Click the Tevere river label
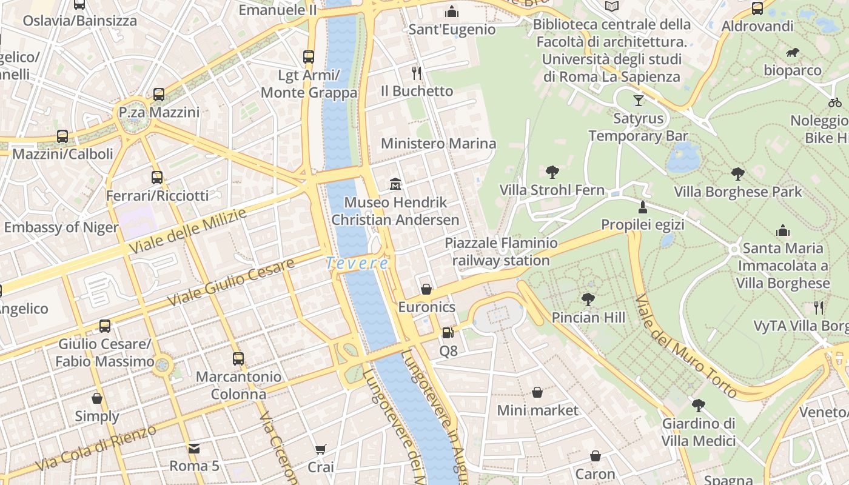357,263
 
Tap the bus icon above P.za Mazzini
158,95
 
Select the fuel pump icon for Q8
448,332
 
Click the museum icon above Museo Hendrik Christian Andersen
395,183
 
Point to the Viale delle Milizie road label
188,232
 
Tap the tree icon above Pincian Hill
588,299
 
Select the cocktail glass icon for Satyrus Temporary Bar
638,100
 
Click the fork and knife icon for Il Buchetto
416,73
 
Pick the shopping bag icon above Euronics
426,289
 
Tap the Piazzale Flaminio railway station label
501,252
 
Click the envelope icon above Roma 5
193,449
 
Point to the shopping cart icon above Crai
320,449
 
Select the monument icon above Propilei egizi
642,207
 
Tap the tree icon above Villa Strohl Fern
552,172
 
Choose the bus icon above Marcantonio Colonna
238,358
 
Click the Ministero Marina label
438,144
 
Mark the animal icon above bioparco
792,53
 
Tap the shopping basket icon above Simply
97,398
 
